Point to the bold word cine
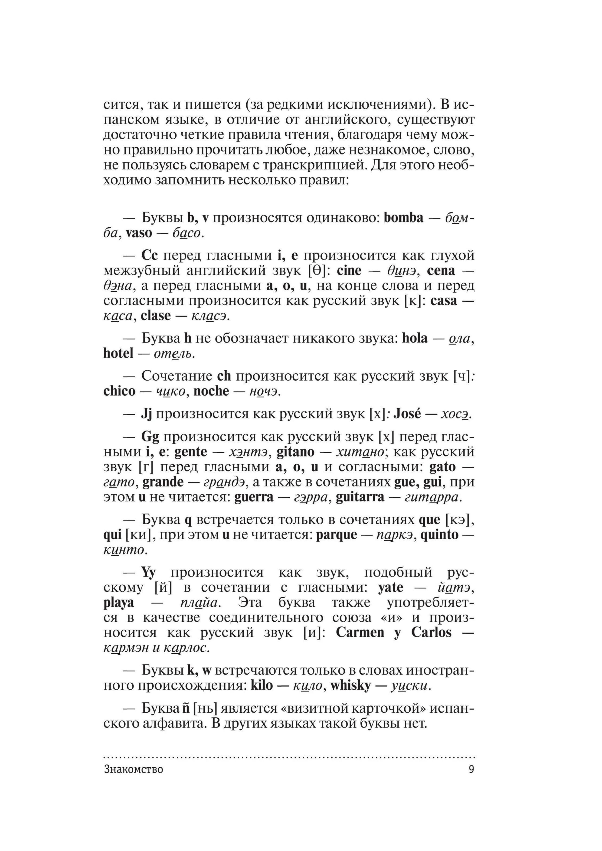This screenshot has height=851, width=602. coord(349,271)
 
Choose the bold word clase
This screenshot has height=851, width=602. coord(156,316)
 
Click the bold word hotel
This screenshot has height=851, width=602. coord(118,353)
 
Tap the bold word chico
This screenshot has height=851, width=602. coord(119,391)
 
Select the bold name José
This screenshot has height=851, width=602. coord(407,414)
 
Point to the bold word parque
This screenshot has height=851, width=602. coord(337,535)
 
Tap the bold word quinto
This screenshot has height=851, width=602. coord(439,535)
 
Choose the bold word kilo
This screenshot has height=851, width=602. coord(262,685)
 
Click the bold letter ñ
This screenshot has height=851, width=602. coord(186,708)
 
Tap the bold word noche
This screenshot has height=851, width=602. coord(211,391)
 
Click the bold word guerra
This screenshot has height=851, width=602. coord(254,497)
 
